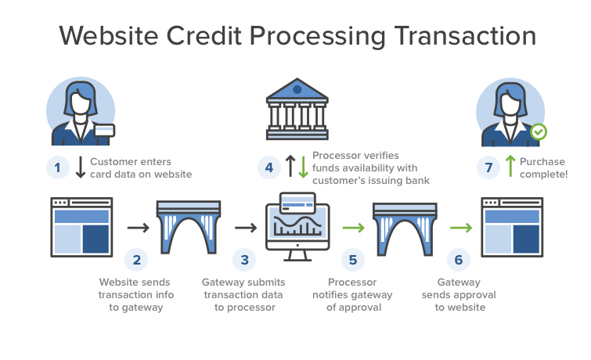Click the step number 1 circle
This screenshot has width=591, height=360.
coord(58,167)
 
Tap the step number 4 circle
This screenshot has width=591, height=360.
coord(268,167)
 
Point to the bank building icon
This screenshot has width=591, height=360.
coord(296,106)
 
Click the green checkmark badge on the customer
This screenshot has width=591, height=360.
coord(539,131)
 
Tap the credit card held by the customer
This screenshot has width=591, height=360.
coord(104,131)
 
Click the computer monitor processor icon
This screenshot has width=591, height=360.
coord(297,227)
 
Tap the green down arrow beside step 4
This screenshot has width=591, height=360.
coord(303,167)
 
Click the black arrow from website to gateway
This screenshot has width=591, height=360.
coord(139,228)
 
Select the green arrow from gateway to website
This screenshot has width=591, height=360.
coord(460,228)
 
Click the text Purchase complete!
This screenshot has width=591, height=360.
coord(543,167)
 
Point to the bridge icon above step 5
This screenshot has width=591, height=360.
coord(403,228)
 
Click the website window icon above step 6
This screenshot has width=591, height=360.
coord(512,227)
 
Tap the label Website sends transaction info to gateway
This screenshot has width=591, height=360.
coord(136,295)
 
